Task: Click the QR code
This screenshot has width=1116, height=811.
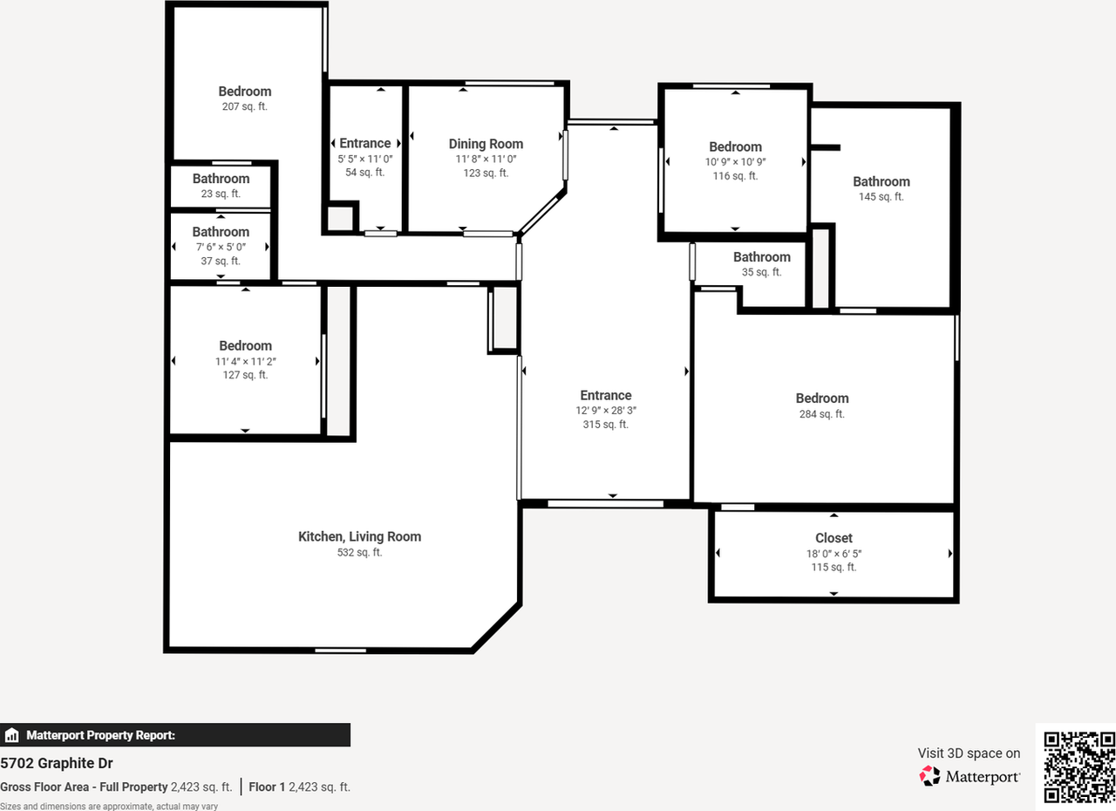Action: click(x=1079, y=767)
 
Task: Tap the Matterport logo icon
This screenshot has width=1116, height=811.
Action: click(x=930, y=775)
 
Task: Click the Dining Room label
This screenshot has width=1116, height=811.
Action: click(x=486, y=144)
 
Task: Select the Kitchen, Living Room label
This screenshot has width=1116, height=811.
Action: click(x=359, y=536)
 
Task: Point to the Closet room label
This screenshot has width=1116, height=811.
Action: click(x=834, y=538)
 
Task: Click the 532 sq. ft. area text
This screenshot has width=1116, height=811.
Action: click(x=359, y=552)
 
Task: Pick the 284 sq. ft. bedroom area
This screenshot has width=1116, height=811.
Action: click(x=821, y=414)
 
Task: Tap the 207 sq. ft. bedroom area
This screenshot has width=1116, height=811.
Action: click(x=244, y=106)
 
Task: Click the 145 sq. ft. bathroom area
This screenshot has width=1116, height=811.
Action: click(x=881, y=197)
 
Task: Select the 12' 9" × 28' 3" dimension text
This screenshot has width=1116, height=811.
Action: click(x=605, y=410)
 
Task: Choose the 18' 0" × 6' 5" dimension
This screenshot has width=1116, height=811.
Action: click(x=834, y=553)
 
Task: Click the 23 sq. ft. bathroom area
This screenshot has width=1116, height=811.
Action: click(x=221, y=194)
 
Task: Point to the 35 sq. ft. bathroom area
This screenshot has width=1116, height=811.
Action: click(x=761, y=272)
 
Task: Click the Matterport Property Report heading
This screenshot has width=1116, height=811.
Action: click(x=100, y=735)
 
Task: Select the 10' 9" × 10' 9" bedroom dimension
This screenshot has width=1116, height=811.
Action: click(x=735, y=161)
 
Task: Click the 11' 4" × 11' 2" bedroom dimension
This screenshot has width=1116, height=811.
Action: click(x=245, y=361)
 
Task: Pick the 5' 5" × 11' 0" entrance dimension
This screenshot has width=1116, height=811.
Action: click(x=364, y=159)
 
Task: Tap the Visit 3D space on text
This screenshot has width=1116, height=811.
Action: click(x=969, y=753)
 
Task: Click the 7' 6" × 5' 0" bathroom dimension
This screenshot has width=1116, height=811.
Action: click(x=221, y=247)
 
